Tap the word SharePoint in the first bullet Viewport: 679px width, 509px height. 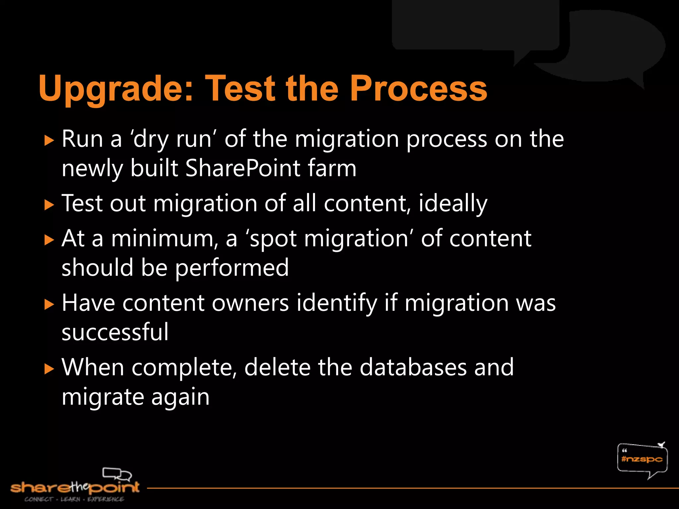[x=242, y=168]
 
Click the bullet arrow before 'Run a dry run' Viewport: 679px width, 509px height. [x=49, y=141]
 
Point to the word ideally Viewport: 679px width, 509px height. [x=453, y=203]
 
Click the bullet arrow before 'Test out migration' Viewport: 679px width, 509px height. [x=49, y=205]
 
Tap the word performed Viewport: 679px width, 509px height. [x=232, y=268]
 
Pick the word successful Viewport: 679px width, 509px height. [x=115, y=332]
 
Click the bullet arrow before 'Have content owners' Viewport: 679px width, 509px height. [x=49, y=304]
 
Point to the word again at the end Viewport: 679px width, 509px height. [x=180, y=397]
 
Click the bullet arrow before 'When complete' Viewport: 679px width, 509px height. [x=49, y=368]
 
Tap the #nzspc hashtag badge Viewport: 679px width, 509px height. [x=642, y=459]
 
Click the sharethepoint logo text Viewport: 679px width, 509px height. [x=75, y=487]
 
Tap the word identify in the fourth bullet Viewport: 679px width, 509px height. [x=337, y=303]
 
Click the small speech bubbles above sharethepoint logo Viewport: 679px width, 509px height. [x=117, y=474]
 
